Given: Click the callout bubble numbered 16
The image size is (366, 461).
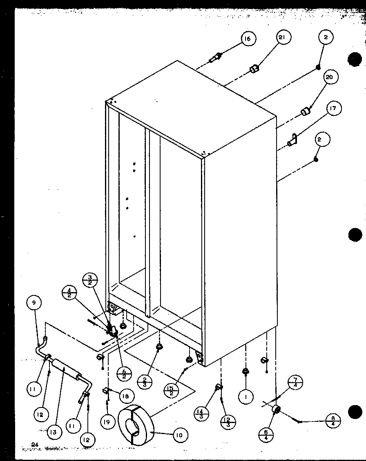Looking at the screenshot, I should (247, 39).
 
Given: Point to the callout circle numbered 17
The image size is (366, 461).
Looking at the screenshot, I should (333, 109).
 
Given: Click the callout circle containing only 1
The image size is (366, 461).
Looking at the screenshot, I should (246, 397).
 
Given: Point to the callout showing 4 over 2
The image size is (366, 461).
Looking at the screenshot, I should (69, 293).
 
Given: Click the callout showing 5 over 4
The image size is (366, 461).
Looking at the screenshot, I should (266, 435).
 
